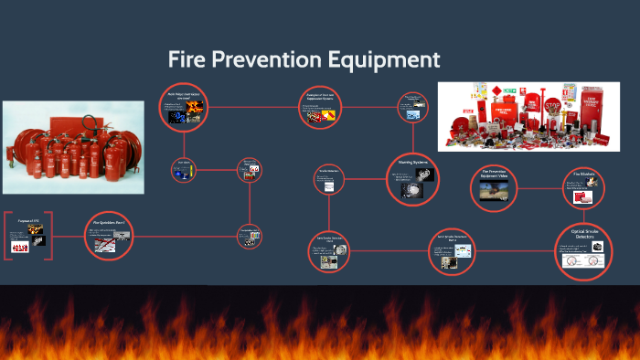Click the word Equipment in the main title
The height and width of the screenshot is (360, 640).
pos(384,61)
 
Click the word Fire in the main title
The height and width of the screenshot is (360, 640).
pos(188,61)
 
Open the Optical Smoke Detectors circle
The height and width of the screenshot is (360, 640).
pos(583,249)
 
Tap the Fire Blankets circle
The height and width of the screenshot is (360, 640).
pos(586,188)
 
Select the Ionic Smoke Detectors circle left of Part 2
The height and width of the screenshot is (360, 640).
pos(331,249)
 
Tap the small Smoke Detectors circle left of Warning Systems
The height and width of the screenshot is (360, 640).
pos(329,179)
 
